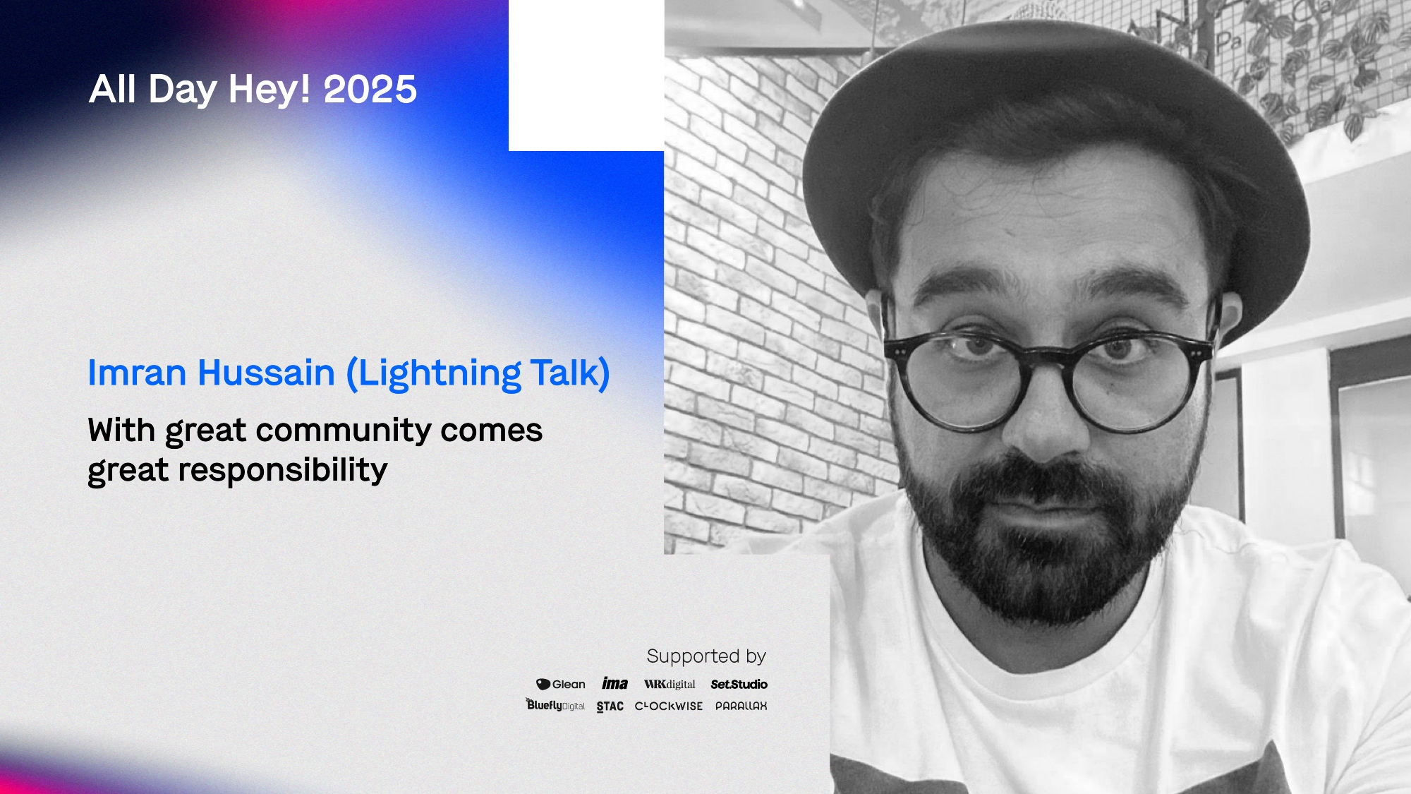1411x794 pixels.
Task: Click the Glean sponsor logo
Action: pos(561,685)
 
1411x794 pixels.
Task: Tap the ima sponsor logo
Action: pos(614,683)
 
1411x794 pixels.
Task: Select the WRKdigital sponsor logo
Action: pos(670,684)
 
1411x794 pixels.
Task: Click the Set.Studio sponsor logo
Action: pos(739,684)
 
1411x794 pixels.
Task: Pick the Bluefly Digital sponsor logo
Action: pos(555,704)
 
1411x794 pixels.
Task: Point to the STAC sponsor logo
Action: pos(610,706)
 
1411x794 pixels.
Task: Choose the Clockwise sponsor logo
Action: pos(669,706)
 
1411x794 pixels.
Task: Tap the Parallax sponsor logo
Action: pos(741,706)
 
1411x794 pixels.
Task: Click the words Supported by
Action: pos(706,656)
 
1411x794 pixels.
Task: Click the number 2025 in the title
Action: pos(370,90)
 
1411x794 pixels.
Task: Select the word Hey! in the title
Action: pos(270,90)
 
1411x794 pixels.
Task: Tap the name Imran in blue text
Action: pos(137,373)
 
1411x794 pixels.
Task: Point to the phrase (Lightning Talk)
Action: pos(478,374)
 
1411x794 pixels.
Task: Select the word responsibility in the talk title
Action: pos(282,470)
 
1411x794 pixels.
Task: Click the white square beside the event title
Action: pos(586,76)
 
